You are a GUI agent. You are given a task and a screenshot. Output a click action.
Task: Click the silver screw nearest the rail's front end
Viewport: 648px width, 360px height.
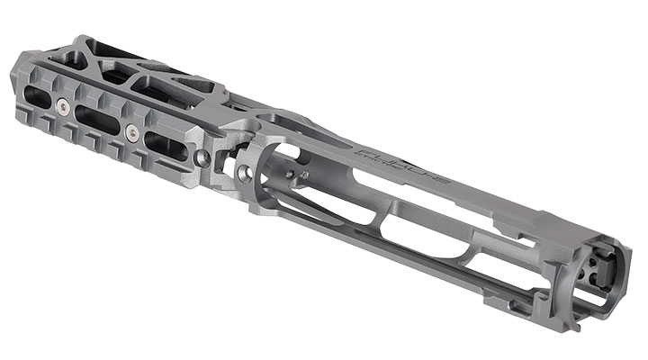(61, 106)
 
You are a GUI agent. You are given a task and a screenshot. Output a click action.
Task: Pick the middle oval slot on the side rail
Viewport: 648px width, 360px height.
(97, 119)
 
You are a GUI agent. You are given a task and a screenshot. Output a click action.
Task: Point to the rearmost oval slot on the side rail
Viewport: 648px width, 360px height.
(165, 145)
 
